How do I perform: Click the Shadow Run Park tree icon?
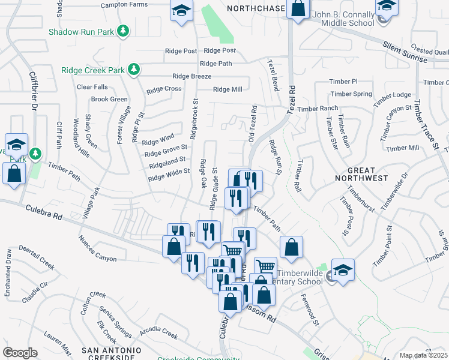pyautogui.click(x=124, y=31)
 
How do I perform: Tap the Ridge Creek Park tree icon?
pyautogui.click(x=134, y=70)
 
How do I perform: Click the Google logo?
pyautogui.click(x=20, y=352)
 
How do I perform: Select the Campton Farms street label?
pyautogui.click(x=124, y=4)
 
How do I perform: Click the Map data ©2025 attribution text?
pyautogui.click(x=423, y=355)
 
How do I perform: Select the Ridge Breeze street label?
pyautogui.click(x=191, y=76)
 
